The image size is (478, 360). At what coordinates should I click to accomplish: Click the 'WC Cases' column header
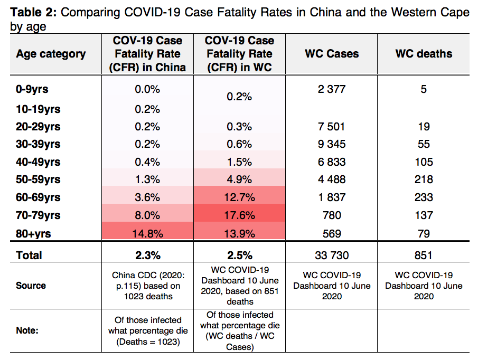[x=331, y=54]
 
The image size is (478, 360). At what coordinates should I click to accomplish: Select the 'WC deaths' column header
[x=424, y=54]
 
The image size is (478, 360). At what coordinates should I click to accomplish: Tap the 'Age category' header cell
[x=51, y=54]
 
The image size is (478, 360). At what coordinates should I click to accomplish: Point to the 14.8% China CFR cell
[x=147, y=233]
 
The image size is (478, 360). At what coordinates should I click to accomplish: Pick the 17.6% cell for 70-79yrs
[x=239, y=215]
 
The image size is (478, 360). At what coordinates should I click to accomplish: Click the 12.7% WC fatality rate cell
[x=239, y=197]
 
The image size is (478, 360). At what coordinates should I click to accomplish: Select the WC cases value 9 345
[x=331, y=144]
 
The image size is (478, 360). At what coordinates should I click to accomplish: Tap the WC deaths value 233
[x=424, y=197]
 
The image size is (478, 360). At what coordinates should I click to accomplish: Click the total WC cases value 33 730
[x=331, y=255]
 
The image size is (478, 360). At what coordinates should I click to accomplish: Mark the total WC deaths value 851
[x=424, y=255]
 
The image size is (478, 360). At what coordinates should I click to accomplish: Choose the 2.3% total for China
[x=147, y=255]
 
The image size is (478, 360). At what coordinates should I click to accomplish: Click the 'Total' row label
[x=29, y=255]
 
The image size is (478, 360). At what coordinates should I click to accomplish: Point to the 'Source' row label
[x=31, y=286]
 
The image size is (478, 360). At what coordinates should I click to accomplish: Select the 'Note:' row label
[x=27, y=330]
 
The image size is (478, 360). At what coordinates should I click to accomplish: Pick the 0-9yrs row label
[x=32, y=89]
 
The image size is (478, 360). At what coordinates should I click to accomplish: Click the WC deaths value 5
[x=424, y=89]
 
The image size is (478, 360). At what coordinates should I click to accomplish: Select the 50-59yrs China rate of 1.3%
[x=147, y=179]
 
